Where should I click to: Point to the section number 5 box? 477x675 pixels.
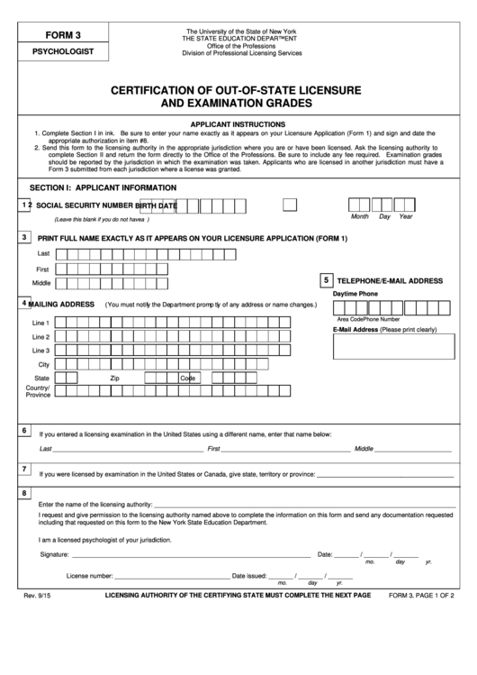325,279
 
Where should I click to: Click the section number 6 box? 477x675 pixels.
24,431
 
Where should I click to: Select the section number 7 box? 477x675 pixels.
24,470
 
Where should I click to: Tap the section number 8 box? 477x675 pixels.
24,493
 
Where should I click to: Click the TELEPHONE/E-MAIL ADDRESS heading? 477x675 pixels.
391,281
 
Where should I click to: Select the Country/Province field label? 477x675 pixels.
38,391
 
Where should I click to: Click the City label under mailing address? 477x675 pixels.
42,363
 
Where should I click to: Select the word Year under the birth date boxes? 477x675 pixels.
406,217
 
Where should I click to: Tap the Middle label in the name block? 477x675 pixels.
41,283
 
